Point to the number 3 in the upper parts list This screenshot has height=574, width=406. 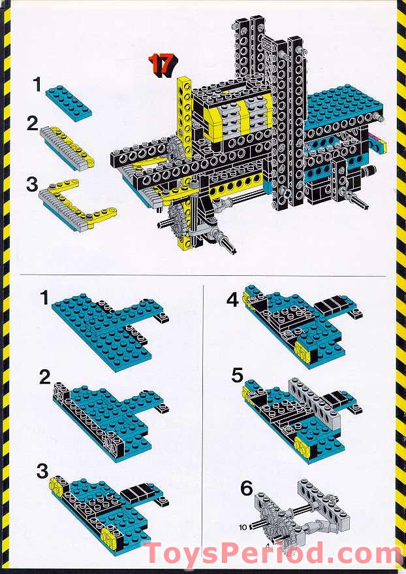[32, 184]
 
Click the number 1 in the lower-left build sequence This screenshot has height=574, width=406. [45, 299]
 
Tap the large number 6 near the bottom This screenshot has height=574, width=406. [245, 488]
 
